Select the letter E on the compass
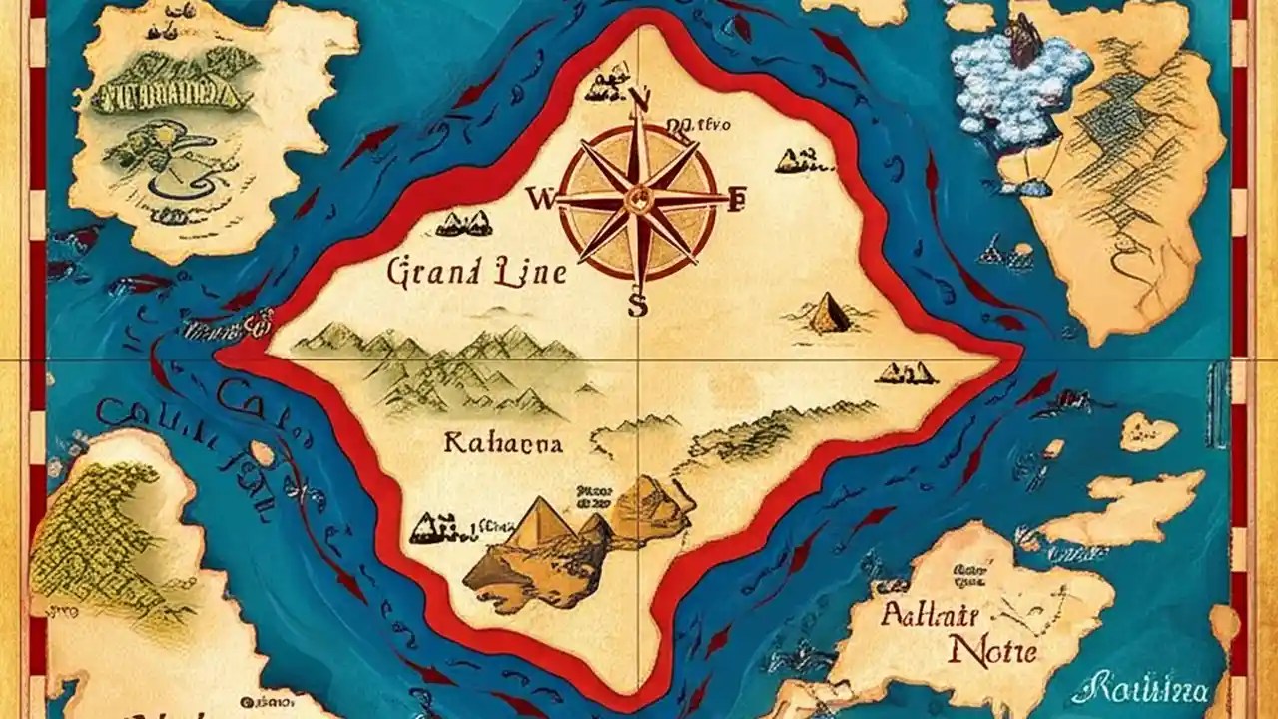(738, 200)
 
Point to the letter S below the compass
(637, 306)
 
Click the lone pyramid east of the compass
(827, 314)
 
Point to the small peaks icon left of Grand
(464, 223)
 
